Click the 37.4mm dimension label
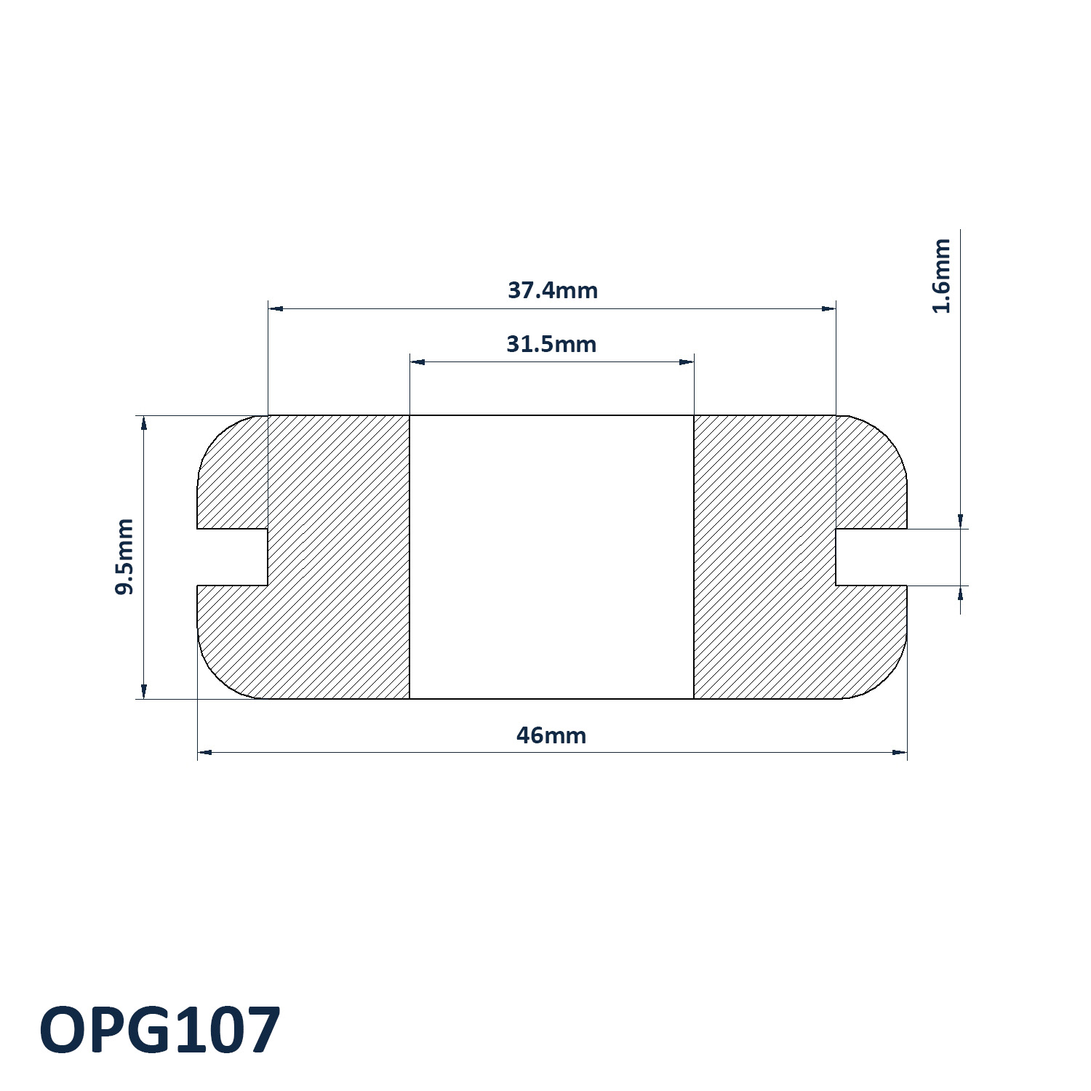(553, 290)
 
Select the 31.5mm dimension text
(551, 343)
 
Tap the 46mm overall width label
(551, 735)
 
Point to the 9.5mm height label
(125, 556)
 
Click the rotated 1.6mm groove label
(942, 276)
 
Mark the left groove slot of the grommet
(233, 557)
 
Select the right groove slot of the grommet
(871, 557)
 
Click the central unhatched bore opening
(551, 557)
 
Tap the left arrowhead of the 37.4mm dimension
(276, 309)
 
